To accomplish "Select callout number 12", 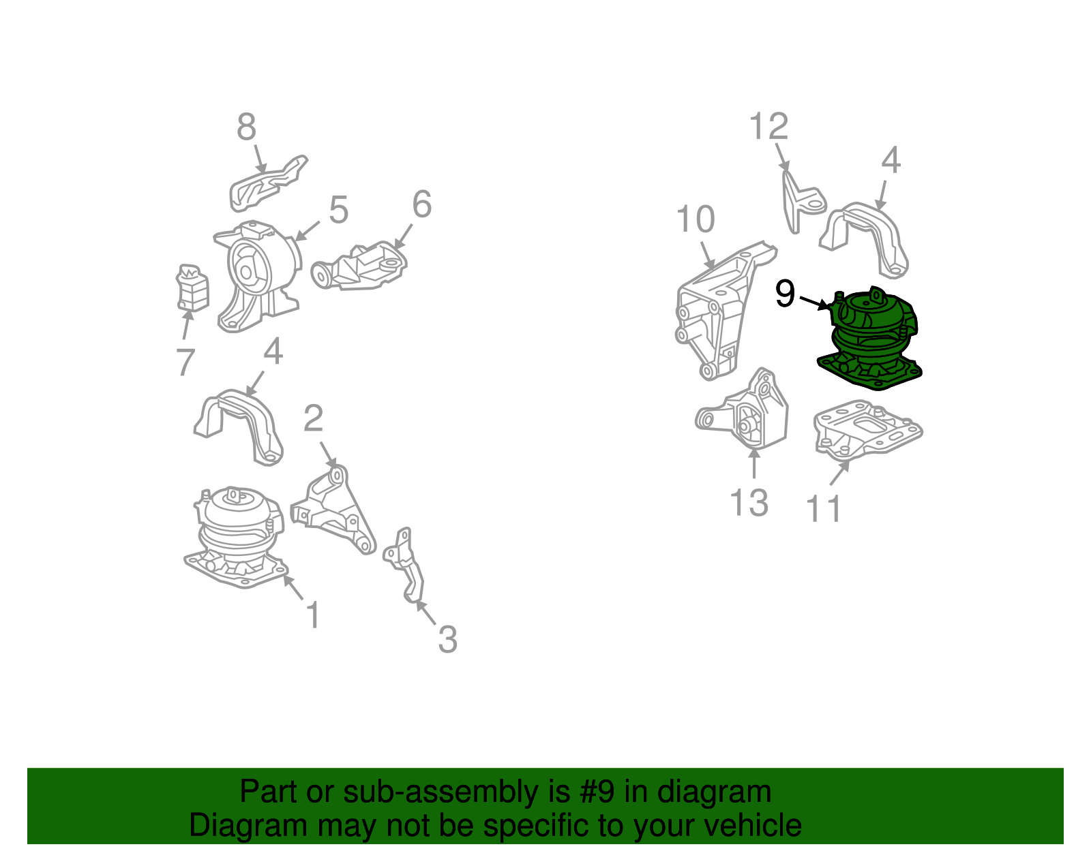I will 768,127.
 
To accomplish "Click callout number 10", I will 695,219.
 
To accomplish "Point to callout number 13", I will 749,503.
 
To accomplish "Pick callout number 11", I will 824,508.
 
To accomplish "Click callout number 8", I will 246,127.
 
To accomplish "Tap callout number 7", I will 185,361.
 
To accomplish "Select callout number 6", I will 422,204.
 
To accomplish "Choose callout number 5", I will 338,210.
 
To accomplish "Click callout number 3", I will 447,639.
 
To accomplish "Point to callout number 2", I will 313,418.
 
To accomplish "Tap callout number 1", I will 313,615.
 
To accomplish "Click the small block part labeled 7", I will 192,288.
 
